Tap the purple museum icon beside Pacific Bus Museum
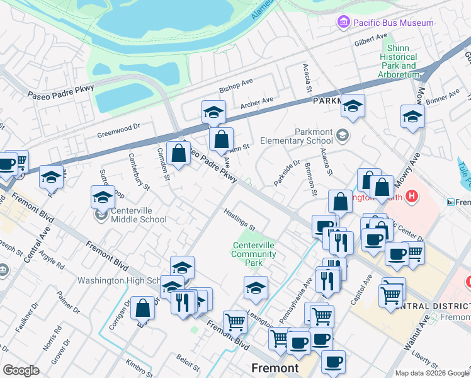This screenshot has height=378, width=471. click(343, 23)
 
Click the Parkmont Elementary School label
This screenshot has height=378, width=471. click(304, 136)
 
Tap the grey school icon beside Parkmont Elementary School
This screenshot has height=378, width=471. click(342, 134)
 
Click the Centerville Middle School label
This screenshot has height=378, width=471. click(139, 215)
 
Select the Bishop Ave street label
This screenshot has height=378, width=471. click(235, 85)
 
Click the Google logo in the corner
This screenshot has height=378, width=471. click(21, 370)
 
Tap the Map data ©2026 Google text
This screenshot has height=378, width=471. click(432, 373)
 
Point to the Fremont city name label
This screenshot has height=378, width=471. click(275, 368)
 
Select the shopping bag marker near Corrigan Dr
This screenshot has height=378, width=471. click(143, 308)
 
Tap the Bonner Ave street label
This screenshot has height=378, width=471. click(443, 96)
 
